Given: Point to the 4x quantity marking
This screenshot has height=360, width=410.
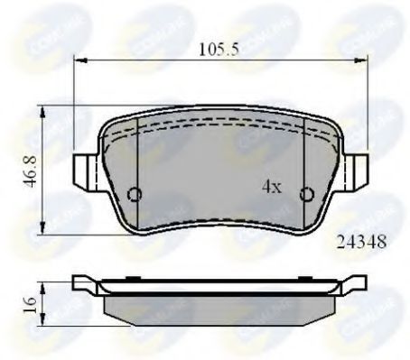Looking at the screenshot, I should coord(271,187).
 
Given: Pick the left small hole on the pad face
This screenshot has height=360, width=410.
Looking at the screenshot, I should coord(135,194).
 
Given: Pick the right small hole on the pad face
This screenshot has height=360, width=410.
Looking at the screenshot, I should coord(307,193).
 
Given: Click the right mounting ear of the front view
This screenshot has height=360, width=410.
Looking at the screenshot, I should coord(359,170).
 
